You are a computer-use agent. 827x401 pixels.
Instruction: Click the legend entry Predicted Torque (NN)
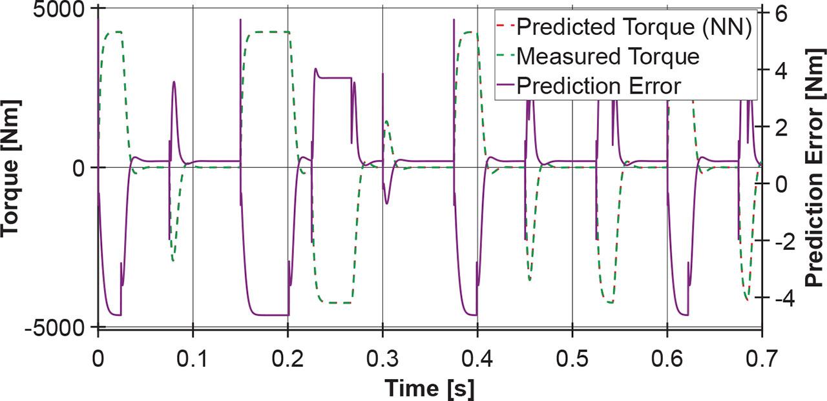tap(633, 27)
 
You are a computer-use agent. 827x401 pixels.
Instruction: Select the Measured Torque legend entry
tap(608, 56)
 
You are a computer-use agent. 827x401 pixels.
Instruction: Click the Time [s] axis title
tap(430, 388)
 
